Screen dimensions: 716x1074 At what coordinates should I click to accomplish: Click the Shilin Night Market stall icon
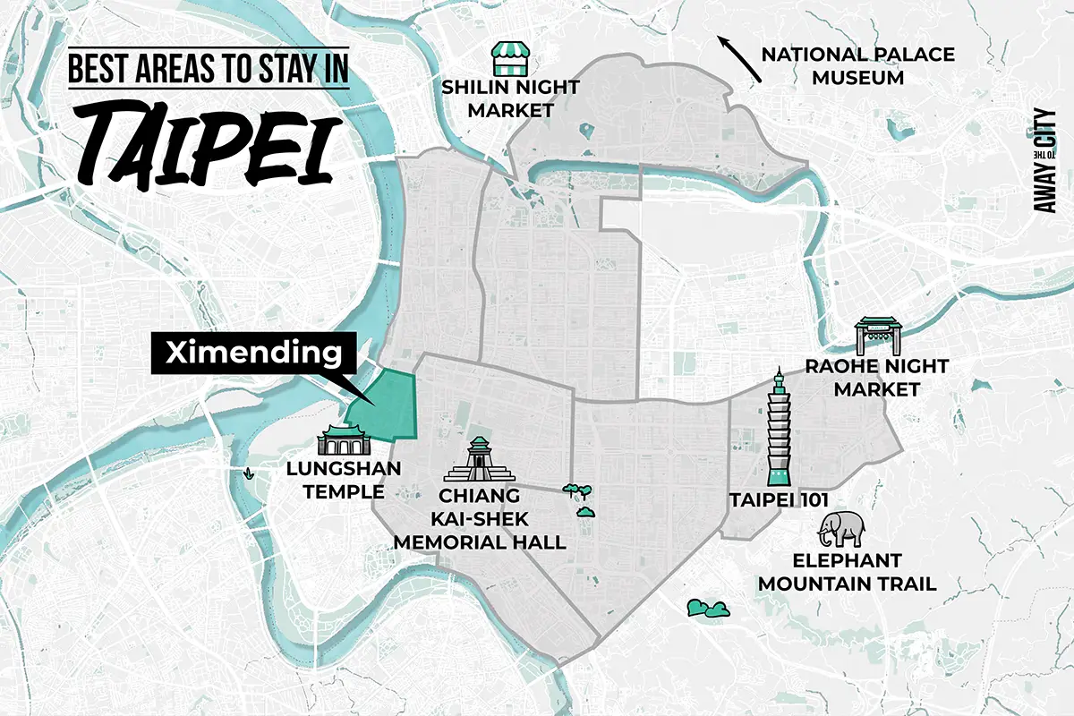point(507,59)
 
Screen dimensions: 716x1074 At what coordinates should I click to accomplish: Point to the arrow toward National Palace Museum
point(739,60)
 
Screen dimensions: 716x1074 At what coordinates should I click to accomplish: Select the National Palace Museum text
point(857,66)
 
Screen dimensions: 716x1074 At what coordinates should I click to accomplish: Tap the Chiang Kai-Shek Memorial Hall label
point(480,519)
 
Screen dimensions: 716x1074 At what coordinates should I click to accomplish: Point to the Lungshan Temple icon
point(343,441)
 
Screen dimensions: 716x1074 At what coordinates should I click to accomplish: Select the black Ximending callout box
point(253,354)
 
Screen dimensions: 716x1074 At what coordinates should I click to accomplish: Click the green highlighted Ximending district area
point(387,408)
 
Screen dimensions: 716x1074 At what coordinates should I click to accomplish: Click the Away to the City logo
point(1044,162)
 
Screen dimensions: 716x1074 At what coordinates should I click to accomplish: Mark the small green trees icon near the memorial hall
point(578,499)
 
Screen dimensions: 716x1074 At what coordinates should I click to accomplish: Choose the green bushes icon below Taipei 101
point(708,609)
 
